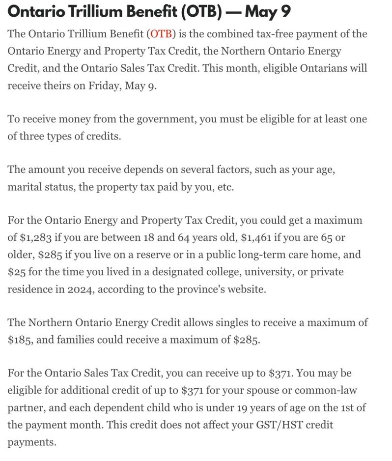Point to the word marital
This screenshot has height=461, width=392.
[25, 187]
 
